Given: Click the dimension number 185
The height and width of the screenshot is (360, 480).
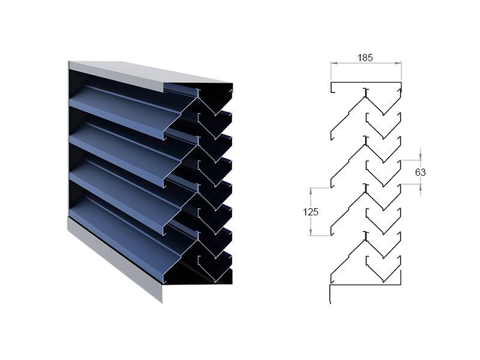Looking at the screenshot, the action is click(x=365, y=58).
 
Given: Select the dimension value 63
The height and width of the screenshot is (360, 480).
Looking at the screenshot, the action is click(x=421, y=172).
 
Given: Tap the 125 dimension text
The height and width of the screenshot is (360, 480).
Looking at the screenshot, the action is click(x=310, y=212).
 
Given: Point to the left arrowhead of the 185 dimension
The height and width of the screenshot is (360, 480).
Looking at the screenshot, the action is click(x=334, y=63).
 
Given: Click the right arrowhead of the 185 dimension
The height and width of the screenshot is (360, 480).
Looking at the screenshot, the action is click(x=398, y=63).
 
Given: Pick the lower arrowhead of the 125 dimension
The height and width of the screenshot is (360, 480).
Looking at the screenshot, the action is click(x=311, y=232).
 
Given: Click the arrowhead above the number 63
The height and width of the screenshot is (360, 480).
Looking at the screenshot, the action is click(x=421, y=157).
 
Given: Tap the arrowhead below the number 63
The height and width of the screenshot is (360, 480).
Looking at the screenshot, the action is click(x=421, y=187).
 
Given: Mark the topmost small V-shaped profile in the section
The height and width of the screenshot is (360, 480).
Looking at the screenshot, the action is click(x=383, y=126).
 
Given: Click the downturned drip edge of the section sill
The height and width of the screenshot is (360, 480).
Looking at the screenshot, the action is click(x=329, y=295).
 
